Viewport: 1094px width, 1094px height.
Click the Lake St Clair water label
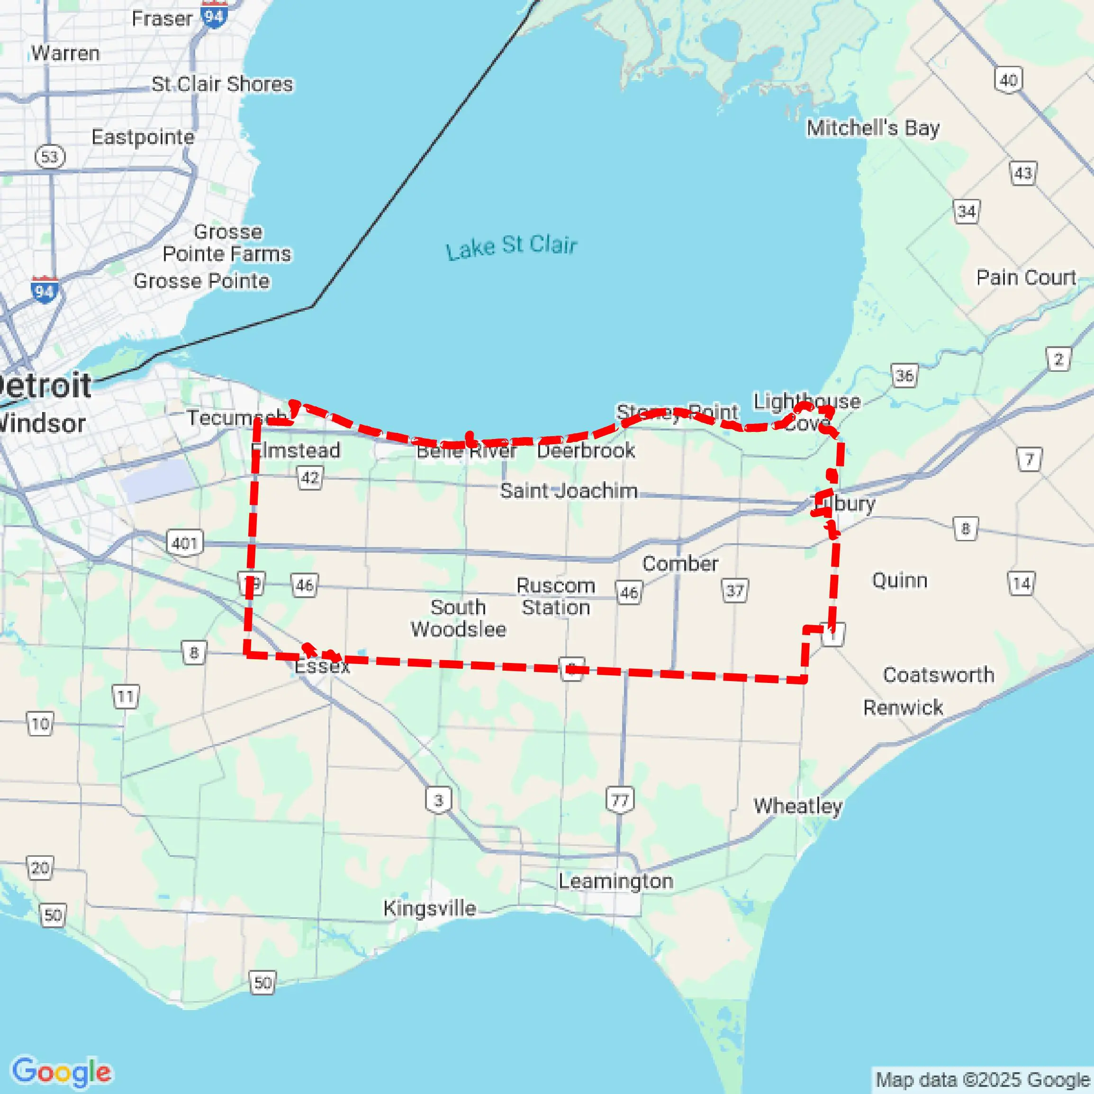(x=511, y=247)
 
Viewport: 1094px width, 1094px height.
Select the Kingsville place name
(x=429, y=908)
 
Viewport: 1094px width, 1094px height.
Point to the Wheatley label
(x=798, y=806)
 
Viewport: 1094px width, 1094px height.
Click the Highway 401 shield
(x=185, y=543)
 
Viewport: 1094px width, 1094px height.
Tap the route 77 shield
(x=620, y=800)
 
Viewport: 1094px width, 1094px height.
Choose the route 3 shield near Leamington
(x=439, y=800)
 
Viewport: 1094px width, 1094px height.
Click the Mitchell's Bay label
(x=873, y=128)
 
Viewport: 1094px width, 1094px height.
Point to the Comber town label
(x=680, y=564)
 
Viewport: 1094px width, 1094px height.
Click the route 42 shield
(x=310, y=477)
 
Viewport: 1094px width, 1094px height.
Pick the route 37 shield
(x=735, y=591)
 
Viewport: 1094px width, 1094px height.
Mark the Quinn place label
(x=900, y=581)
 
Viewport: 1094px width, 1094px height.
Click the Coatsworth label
(x=938, y=675)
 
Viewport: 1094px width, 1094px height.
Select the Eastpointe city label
(x=143, y=137)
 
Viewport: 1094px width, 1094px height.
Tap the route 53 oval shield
(x=50, y=156)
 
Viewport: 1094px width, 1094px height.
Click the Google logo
(x=61, y=1071)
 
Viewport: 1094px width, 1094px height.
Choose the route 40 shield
(x=1008, y=80)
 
